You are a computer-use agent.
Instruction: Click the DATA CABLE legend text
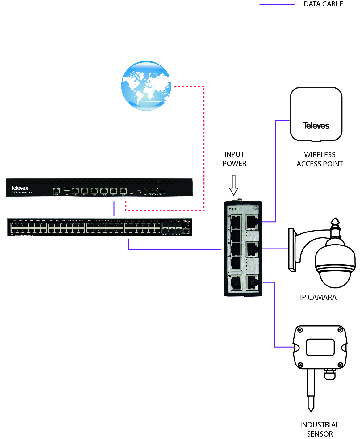[x=323, y=4]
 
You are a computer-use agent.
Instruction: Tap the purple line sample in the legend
[x=277, y=4]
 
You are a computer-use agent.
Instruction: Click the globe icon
[x=146, y=86]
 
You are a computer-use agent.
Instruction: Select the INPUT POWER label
[x=234, y=159]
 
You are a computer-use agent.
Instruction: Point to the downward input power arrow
[x=234, y=185]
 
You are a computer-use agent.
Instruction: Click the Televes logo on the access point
[x=316, y=126]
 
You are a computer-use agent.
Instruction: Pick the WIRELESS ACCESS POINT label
[x=320, y=159]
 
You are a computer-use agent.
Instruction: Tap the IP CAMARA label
[x=318, y=297]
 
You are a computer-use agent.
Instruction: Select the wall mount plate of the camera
[x=292, y=250]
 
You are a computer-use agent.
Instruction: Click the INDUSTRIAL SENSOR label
[x=320, y=429]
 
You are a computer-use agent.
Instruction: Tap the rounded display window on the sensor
[x=320, y=347]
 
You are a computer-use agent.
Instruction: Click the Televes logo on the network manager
[x=19, y=188]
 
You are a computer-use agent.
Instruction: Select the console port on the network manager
[x=56, y=191]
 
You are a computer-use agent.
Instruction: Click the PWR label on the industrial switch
[x=230, y=209]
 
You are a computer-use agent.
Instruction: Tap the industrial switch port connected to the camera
[x=252, y=249]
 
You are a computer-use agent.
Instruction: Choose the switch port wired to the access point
[x=252, y=222]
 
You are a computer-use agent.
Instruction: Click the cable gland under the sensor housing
[x=330, y=374]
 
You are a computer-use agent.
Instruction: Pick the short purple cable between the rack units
[x=114, y=209]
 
